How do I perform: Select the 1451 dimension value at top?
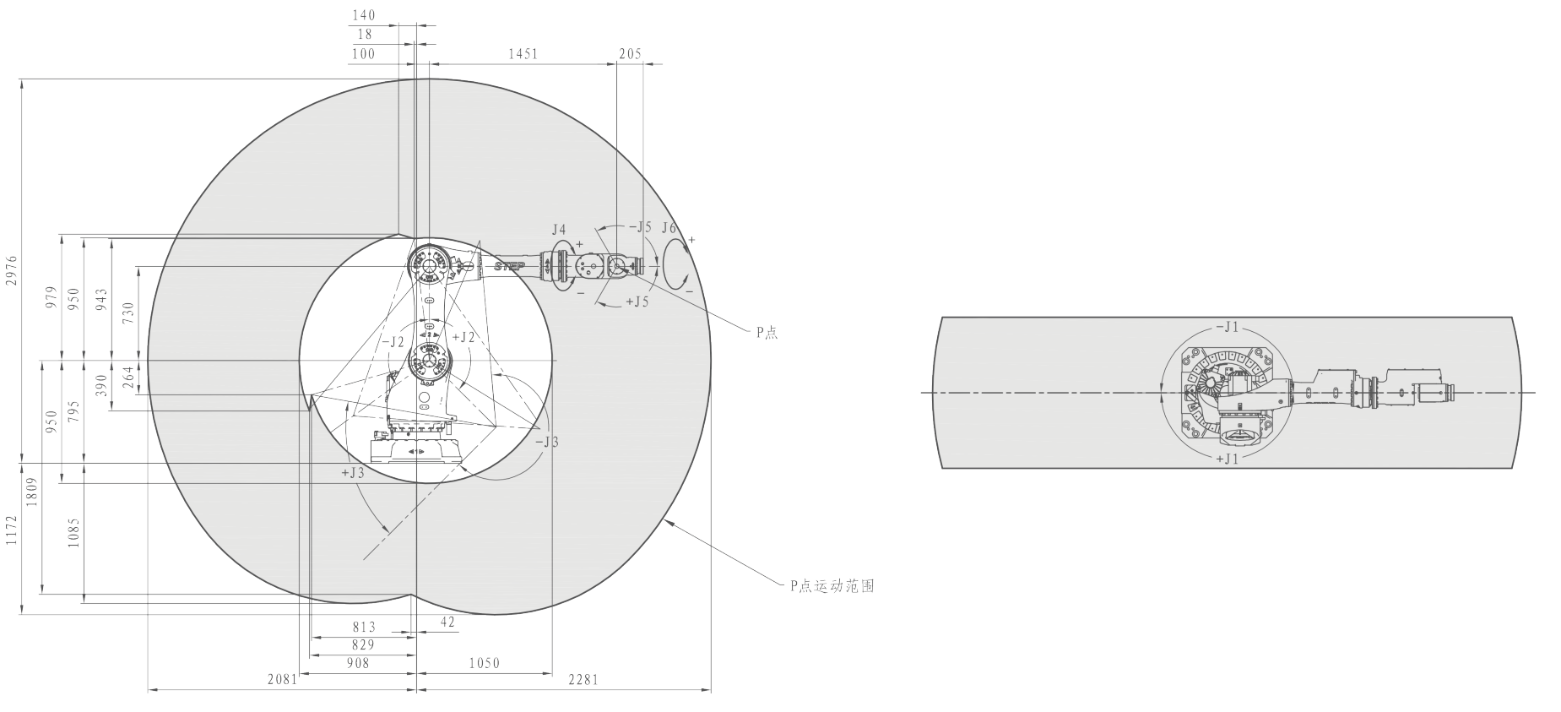(x=523, y=54)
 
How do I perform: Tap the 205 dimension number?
(x=630, y=54)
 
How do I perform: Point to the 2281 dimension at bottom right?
(x=583, y=679)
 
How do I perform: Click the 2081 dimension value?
(x=283, y=679)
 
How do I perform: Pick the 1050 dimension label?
(x=485, y=663)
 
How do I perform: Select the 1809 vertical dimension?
(x=31, y=491)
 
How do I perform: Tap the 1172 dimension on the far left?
(x=10, y=531)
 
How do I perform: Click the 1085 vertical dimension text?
(x=73, y=533)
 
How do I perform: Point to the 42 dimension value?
(x=448, y=622)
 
